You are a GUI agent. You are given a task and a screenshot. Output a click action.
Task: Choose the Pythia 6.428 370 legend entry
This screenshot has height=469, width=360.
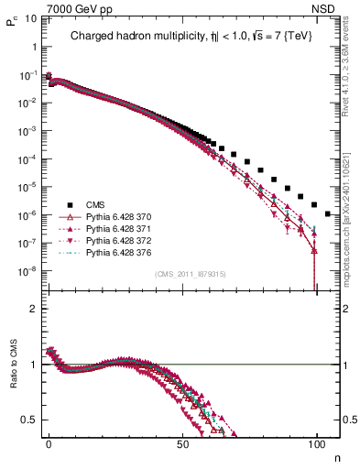[x=122, y=217]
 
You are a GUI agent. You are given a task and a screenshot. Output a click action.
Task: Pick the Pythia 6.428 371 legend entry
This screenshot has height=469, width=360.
[x=122, y=229]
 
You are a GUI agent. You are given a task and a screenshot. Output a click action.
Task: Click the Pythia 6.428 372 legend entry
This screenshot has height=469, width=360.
[x=122, y=240]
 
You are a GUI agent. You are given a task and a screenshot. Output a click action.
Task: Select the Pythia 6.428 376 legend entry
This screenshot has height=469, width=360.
[x=122, y=252]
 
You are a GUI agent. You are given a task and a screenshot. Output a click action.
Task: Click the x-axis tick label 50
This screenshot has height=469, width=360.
[x=183, y=443]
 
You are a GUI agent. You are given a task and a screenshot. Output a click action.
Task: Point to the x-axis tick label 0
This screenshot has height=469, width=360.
[x=49, y=443]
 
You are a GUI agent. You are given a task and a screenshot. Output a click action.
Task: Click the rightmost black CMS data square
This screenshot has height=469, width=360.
[x=328, y=213]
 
